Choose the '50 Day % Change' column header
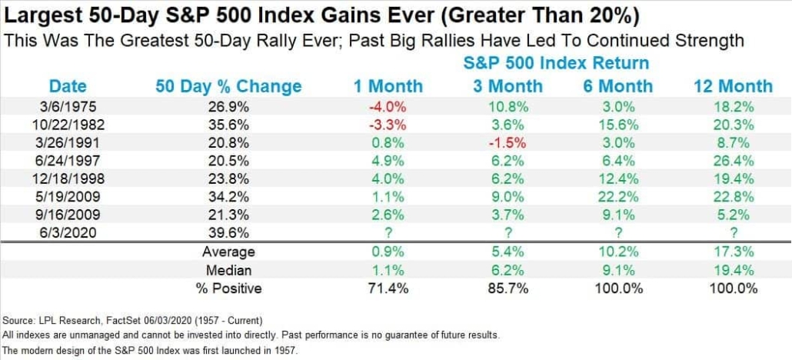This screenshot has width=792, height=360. point(228,86)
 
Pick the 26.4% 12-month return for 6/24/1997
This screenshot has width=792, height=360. point(732,162)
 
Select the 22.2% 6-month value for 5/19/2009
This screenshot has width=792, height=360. point(619,198)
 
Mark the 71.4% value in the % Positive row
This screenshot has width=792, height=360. point(388,289)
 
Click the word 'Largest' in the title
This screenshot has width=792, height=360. point(38,15)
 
